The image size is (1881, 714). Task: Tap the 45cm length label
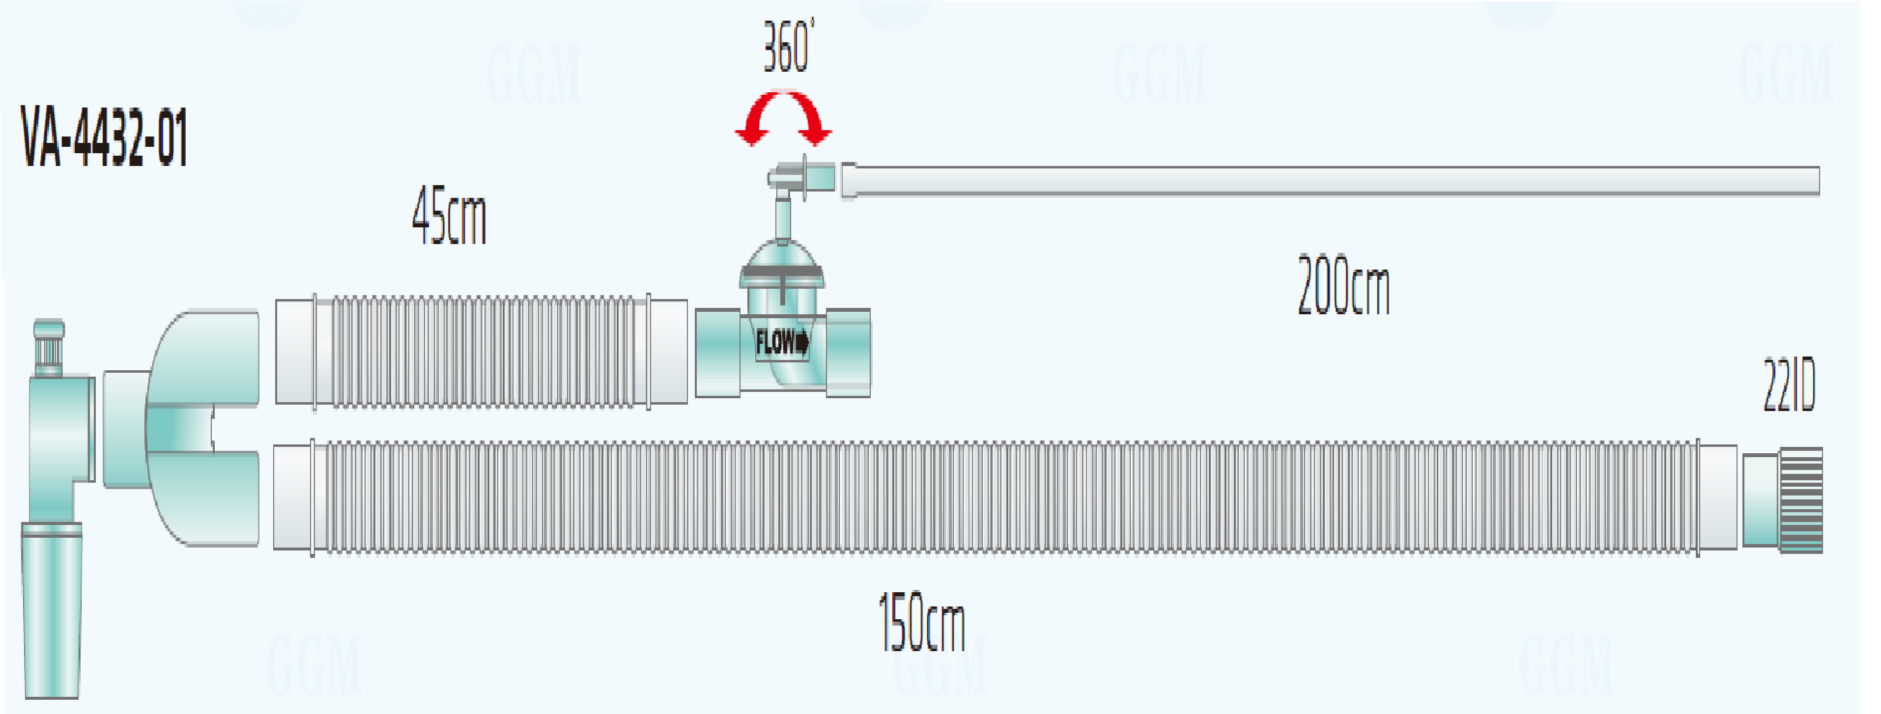449,216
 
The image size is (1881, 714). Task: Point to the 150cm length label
921,622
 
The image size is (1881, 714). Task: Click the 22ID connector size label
1789,385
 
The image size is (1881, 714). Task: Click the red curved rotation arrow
784,117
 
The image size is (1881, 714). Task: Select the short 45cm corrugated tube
482,351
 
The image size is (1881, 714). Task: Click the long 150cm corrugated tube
1008,497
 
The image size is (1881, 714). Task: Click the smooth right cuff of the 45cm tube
668,351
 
